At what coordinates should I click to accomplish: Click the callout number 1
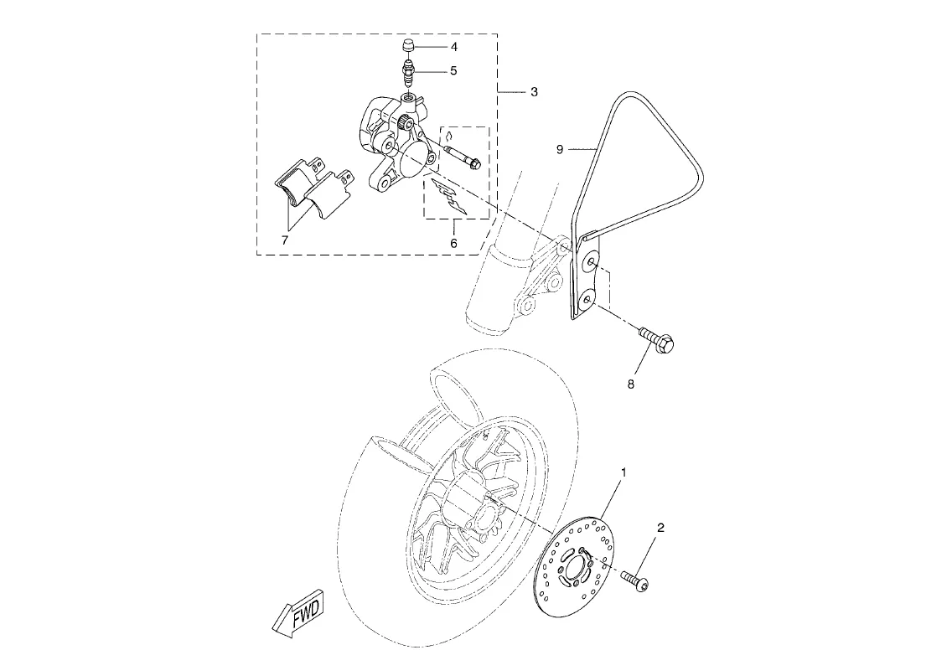[623, 472]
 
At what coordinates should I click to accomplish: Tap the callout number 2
[660, 528]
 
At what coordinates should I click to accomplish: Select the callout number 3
[534, 92]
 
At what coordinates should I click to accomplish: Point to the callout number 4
[453, 47]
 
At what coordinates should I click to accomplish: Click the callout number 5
[453, 71]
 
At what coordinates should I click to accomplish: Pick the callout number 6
[453, 244]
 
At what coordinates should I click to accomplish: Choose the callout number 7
[285, 240]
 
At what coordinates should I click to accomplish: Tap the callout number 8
[631, 384]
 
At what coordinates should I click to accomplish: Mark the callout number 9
[561, 149]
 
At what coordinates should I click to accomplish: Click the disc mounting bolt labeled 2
[636, 580]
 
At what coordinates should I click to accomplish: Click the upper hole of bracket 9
[589, 262]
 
